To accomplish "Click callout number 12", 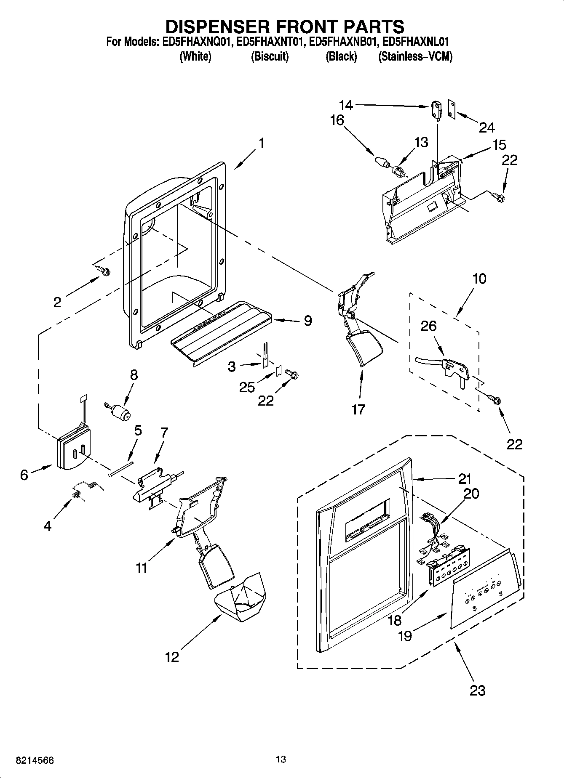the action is (172, 657).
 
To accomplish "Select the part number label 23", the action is (477, 690).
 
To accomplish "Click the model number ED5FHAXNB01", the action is (342, 42).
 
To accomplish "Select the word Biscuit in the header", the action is (270, 57).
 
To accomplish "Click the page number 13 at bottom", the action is (281, 759).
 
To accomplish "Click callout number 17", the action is (358, 409).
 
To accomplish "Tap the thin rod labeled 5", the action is (121, 468).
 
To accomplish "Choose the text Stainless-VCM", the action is (415, 57).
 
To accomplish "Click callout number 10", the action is (479, 279).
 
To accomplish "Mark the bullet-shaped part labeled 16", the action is (381, 161).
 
